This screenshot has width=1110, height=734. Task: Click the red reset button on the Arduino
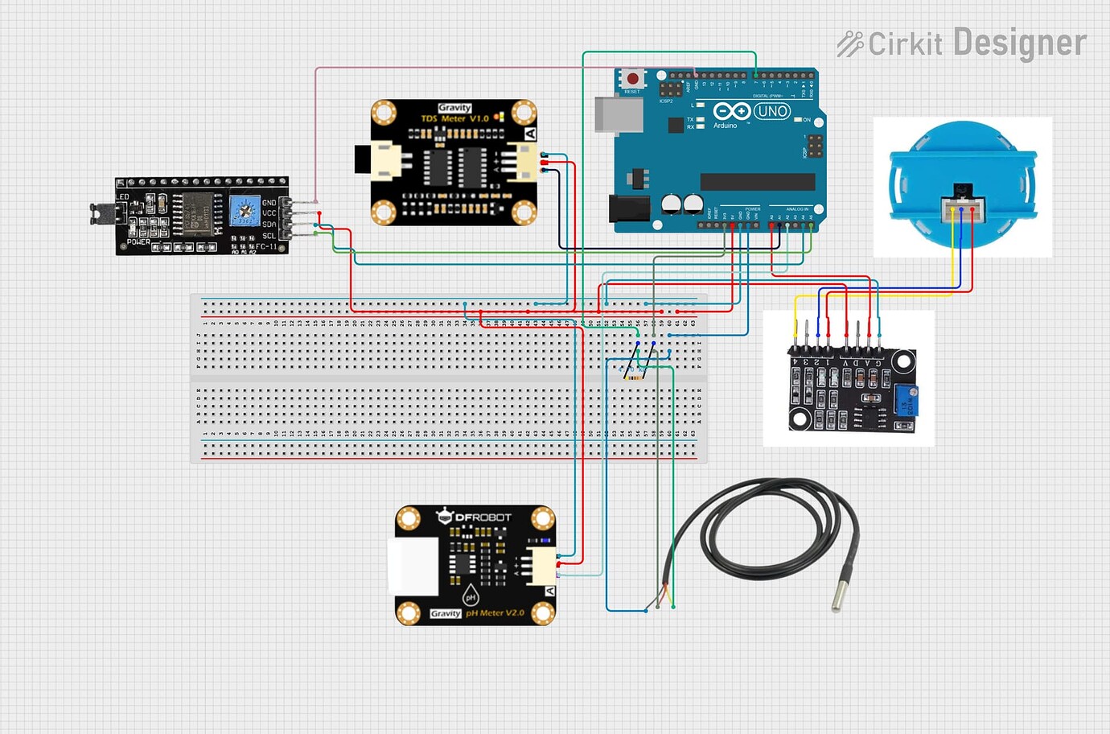(633, 79)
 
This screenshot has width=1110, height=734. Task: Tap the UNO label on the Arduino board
(772, 111)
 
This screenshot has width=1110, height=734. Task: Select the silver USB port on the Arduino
(618, 114)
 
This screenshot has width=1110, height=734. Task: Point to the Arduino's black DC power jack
(628, 208)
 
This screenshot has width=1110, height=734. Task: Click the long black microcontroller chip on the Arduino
(757, 182)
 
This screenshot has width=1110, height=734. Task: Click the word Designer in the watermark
(1019, 43)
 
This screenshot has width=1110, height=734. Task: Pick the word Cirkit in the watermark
(905, 44)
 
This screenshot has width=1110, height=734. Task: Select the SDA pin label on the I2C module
(269, 225)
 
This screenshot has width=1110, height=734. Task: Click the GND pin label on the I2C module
(269, 203)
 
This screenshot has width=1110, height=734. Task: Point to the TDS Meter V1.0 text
(454, 118)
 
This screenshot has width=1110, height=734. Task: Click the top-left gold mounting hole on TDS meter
(384, 113)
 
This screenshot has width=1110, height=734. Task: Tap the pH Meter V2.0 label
(495, 613)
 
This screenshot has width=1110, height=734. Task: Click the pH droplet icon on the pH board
(471, 596)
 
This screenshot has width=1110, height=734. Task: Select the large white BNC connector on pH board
(413, 566)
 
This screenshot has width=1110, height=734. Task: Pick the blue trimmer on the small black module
(906, 399)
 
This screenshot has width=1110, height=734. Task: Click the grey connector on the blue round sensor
(962, 210)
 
